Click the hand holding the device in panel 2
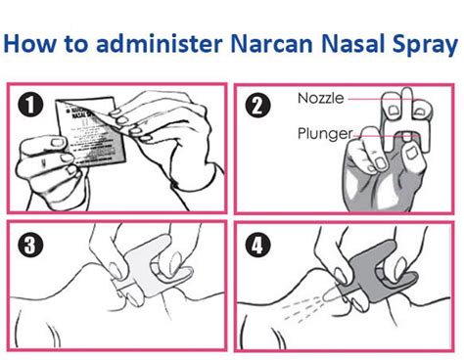pyautogui.click(x=367, y=171)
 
